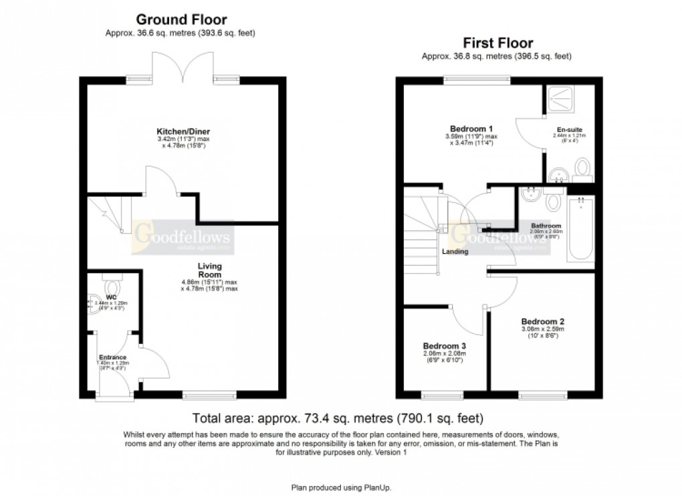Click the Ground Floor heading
click(x=181, y=20)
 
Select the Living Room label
click(x=209, y=270)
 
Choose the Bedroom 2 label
click(x=544, y=320)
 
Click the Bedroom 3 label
click(x=444, y=345)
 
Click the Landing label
click(x=455, y=252)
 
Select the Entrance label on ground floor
click(x=112, y=357)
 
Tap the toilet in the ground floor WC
click(x=110, y=279)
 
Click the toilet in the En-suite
click(x=582, y=169)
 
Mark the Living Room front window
click(x=209, y=396)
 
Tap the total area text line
click(x=338, y=420)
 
